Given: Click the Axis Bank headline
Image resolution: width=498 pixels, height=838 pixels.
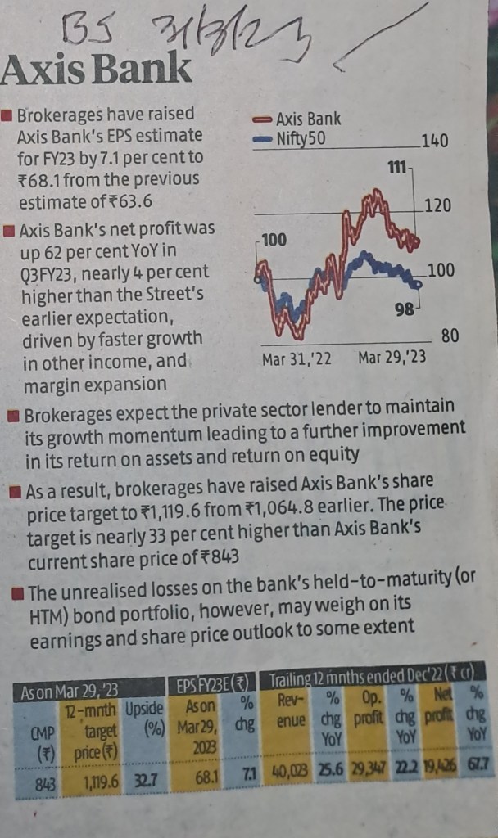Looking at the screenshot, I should tap(97, 71).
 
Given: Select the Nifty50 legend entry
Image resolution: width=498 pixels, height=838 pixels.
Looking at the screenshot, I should tap(291, 139).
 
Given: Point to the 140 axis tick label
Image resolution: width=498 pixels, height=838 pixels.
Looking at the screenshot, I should tap(434, 142).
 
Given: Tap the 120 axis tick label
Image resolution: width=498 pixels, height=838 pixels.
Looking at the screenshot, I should tap(438, 205).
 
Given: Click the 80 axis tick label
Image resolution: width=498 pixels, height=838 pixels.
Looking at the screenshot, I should tap(450, 336).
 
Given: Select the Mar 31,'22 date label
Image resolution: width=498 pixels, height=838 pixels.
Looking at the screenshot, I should tap(297, 358).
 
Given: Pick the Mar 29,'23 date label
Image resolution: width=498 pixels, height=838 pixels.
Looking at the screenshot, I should tap(392, 358).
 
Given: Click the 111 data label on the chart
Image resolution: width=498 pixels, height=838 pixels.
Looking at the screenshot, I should tap(396, 169).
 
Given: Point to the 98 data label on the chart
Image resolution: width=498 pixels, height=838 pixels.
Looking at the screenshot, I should tap(405, 309).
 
